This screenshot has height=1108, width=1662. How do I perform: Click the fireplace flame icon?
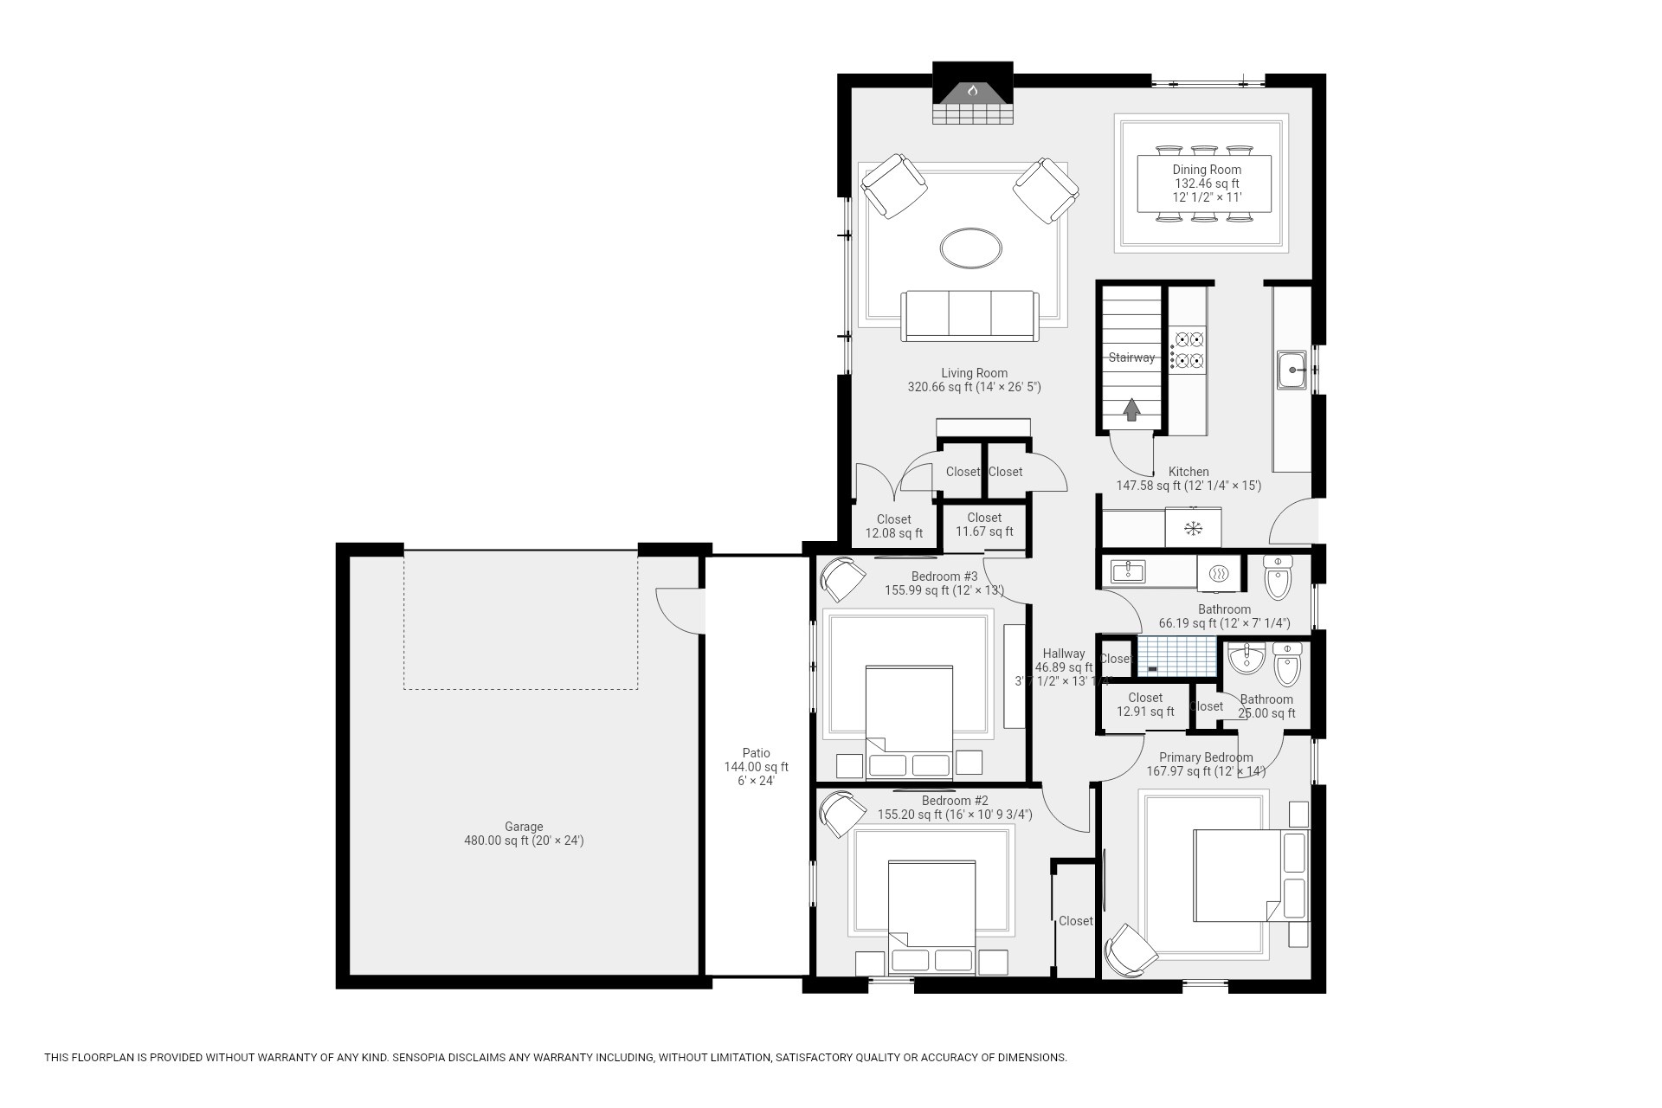pos(972,90)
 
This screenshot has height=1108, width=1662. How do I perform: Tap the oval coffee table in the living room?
pos(971,248)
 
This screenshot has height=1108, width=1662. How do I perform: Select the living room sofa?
pos(969,316)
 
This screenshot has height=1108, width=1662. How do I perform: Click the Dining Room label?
pos(1207,170)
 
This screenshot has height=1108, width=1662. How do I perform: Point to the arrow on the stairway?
pos(1131,409)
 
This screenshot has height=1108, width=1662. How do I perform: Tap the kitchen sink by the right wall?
pos(1292,370)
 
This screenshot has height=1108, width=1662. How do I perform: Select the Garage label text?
pos(524,827)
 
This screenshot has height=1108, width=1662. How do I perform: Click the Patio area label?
pos(756,753)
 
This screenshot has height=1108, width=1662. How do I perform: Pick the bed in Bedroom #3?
pos(909,718)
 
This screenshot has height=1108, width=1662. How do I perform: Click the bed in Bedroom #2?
pos(931,913)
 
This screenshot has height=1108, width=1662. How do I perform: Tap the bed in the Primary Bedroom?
pos(1246,874)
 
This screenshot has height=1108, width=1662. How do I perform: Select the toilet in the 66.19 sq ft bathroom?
pos(1278,578)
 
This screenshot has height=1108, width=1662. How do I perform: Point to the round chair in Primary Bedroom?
pos(1132,950)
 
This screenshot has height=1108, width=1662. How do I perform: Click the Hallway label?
pos(1063,654)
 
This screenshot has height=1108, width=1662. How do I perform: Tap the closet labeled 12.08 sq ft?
pos(893,526)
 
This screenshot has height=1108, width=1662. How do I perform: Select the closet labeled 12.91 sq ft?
pos(1144,705)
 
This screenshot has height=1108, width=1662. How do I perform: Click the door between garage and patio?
pos(680,610)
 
